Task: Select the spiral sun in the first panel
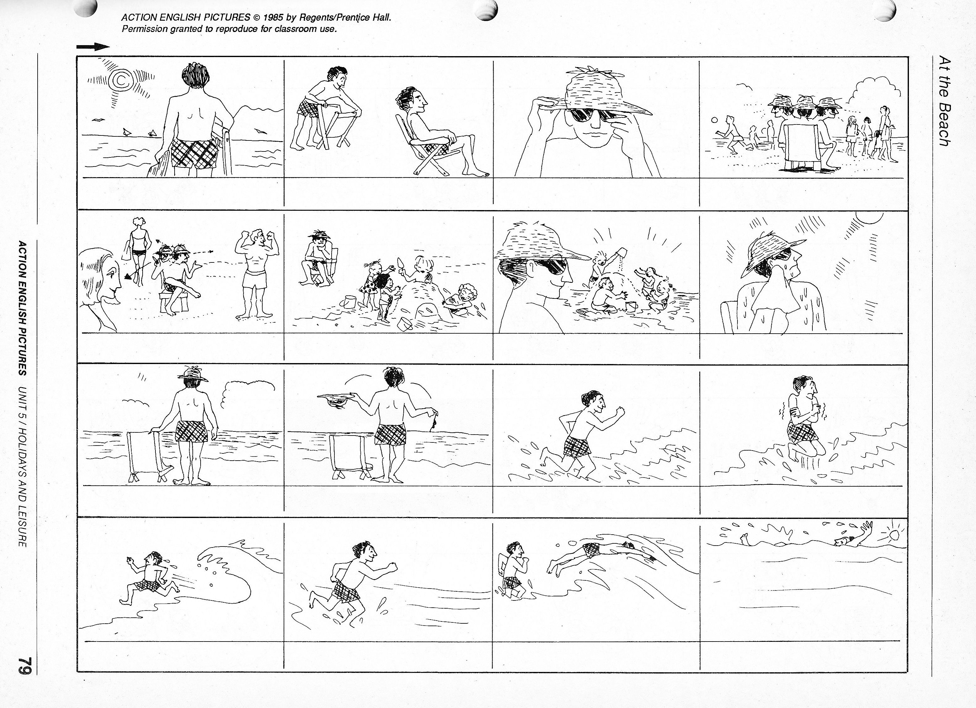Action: tap(122, 80)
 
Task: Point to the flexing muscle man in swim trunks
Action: tap(255, 274)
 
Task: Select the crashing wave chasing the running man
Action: tap(232, 573)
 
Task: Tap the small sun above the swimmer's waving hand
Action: tap(894, 535)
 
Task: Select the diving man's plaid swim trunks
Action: tap(592, 549)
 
